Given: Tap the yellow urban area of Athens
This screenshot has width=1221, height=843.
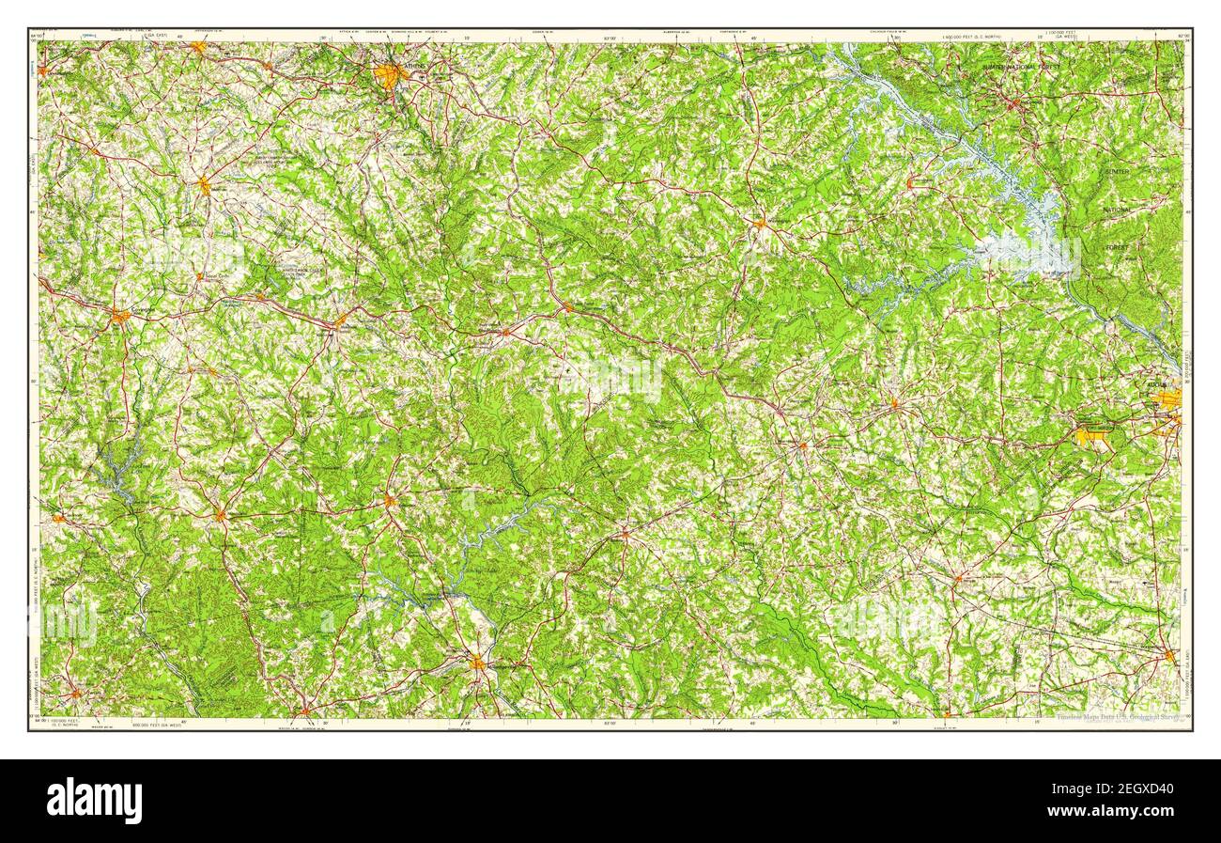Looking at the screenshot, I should pyautogui.click(x=389, y=74).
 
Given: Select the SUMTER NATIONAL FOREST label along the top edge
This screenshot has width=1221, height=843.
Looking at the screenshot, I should pyautogui.click(x=1026, y=68).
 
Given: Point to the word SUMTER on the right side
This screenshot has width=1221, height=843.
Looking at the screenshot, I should pyautogui.click(x=1117, y=172).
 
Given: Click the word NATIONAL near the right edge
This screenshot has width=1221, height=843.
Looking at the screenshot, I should pyautogui.click(x=1117, y=210).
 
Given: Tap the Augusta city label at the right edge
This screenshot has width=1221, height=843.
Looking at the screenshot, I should pyautogui.click(x=1156, y=385).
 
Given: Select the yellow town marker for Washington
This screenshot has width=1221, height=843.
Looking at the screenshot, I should pyautogui.click(x=759, y=224).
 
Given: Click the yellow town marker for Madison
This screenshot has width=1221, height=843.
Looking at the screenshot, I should pyautogui.click(x=341, y=324).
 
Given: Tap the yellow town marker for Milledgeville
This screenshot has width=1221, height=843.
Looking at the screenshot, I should pyautogui.click(x=478, y=663).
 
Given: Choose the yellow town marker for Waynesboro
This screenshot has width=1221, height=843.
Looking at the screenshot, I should pyautogui.click(x=1169, y=655).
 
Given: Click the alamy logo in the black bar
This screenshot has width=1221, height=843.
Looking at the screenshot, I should pyautogui.click(x=94, y=801).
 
